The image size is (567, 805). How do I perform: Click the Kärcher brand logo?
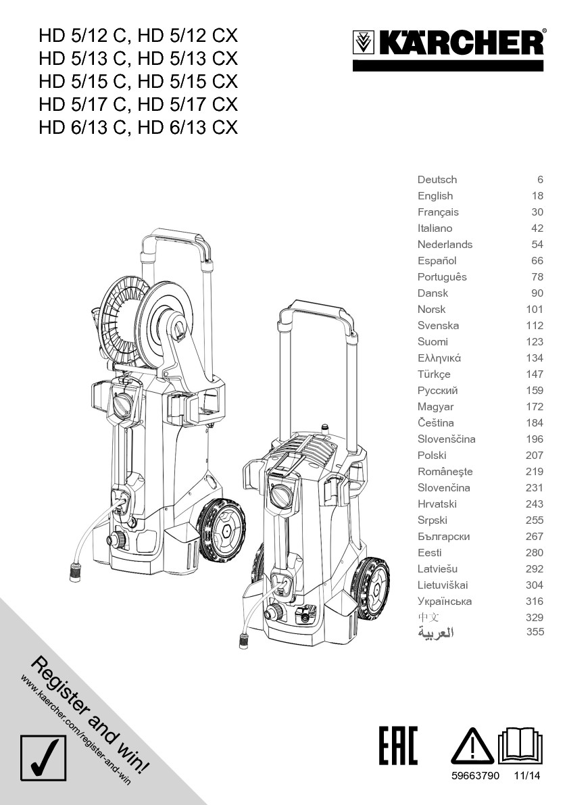tap(448, 43)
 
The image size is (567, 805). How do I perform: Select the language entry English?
tap(435, 195)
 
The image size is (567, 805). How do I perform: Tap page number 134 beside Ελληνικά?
tap(534, 358)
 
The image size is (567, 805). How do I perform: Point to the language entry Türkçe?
tap(434, 374)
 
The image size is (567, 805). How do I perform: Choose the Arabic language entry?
tap(436, 632)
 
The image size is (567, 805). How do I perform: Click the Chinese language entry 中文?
tap(428, 617)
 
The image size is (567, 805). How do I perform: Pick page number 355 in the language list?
tap(535, 631)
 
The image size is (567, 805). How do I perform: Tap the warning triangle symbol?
tap(472, 746)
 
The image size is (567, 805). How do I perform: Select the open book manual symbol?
tap(520, 745)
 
